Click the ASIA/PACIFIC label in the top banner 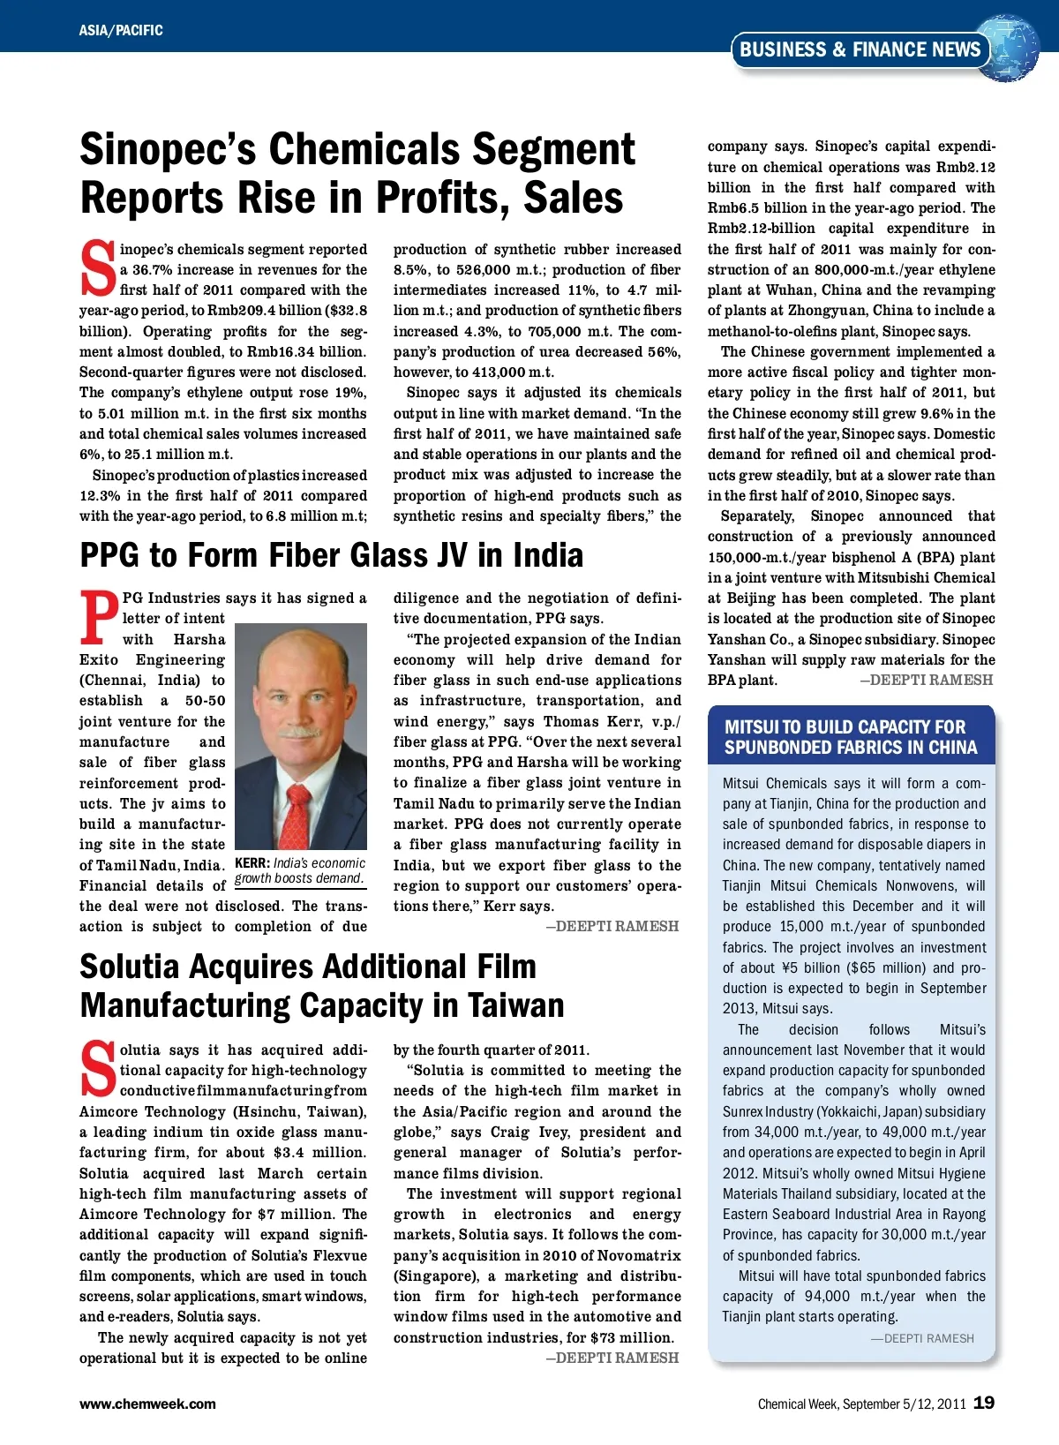coord(121,30)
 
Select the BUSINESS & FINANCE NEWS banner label coord(860,50)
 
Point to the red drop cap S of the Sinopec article coord(97,268)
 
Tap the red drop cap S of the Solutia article coord(97,1069)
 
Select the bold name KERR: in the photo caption coord(252,863)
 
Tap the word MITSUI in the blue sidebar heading coord(752,727)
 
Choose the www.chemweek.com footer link coord(147,1404)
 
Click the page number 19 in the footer coord(984,1403)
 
